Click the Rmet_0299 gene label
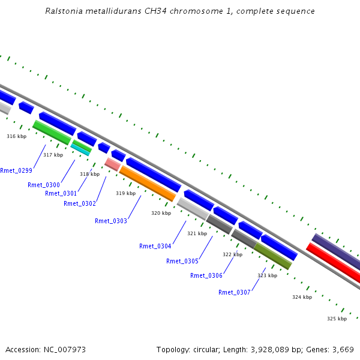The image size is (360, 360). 16,170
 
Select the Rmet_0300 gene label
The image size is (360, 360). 44,185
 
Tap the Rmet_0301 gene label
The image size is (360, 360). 61,193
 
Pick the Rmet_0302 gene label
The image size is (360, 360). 80,203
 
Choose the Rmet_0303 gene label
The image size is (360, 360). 111,221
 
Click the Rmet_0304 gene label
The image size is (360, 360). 155,246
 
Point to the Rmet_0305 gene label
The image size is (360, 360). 182,261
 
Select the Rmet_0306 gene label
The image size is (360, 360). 206,275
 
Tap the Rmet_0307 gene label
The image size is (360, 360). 235,292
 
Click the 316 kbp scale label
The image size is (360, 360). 17,136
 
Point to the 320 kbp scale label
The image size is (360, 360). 161,213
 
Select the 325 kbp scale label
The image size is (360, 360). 337,319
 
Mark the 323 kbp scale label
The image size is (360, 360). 267,275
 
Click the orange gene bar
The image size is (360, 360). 148,184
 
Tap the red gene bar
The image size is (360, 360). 333,262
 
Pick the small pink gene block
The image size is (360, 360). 112,164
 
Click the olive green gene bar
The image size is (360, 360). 273,256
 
